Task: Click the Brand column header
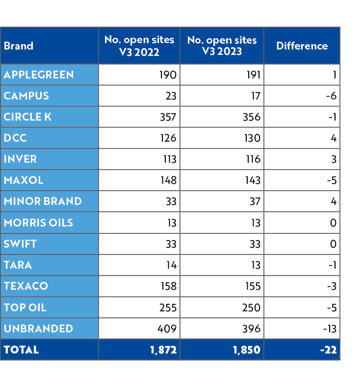(19, 46)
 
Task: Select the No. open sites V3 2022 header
(139, 46)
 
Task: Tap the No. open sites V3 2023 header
(222, 46)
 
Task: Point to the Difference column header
(302, 46)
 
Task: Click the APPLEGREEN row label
(39, 75)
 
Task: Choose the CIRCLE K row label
(27, 117)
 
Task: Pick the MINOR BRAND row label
(43, 201)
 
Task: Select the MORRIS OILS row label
(38, 223)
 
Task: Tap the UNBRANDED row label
(38, 328)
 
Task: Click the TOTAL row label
(21, 350)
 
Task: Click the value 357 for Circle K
(168, 117)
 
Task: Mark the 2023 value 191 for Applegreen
(252, 75)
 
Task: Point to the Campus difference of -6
(331, 96)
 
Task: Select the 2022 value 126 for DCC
(168, 138)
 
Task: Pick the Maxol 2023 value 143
(252, 180)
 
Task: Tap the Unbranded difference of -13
(330, 328)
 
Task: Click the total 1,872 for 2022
(163, 350)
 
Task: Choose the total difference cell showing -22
(328, 350)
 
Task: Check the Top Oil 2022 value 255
(168, 307)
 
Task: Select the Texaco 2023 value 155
(252, 286)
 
